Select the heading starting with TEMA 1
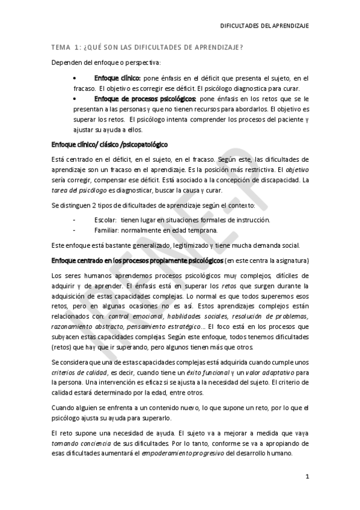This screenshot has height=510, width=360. point(147,48)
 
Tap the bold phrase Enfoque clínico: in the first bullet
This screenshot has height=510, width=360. point(117,78)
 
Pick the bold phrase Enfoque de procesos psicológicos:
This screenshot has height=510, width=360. point(145,97)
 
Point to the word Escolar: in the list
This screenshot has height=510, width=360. point(105,220)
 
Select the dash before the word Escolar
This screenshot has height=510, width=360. point(73,220)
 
